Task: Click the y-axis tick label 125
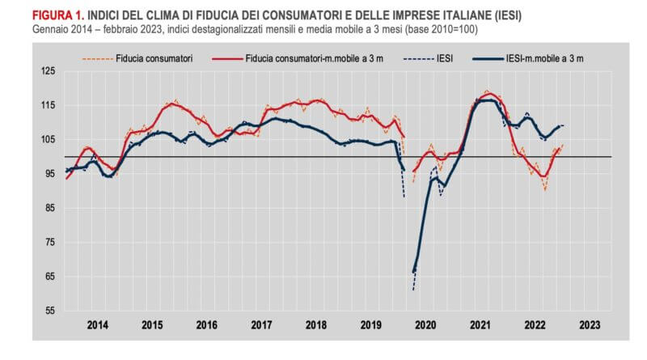point(49,71)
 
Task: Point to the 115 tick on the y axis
point(49,105)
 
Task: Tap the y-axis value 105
point(49,139)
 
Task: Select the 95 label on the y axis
point(50,173)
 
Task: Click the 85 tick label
point(50,208)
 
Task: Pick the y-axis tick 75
point(50,242)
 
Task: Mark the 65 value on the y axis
point(50,276)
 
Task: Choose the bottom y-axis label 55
point(50,311)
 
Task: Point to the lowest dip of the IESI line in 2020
point(413,289)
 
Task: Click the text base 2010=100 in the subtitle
point(446,29)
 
